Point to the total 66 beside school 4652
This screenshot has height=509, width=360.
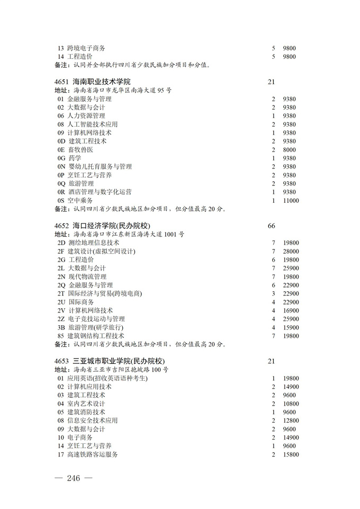click(x=272, y=226)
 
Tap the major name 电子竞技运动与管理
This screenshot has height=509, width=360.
click(x=97, y=319)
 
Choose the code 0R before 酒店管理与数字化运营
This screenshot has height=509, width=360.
click(x=61, y=192)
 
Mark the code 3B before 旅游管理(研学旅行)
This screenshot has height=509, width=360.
click(x=61, y=328)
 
